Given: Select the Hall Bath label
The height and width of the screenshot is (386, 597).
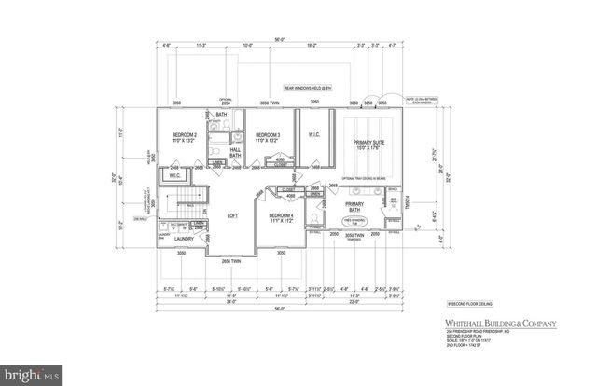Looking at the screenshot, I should coord(236,150).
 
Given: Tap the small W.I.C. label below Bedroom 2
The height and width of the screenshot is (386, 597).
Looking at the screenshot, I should coord(175,174).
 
